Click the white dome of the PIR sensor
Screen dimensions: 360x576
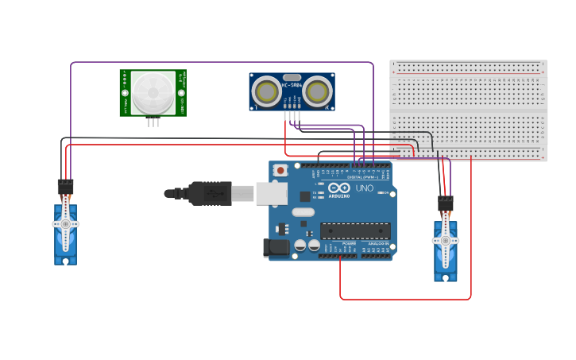coord(153,92)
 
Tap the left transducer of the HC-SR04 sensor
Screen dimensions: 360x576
coord(266,91)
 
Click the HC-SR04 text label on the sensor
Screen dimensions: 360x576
coord(291,85)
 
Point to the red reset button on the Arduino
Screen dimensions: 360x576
coord(280,170)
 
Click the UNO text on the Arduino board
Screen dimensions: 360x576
coord(364,188)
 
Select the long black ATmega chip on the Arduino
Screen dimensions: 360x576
coord(354,230)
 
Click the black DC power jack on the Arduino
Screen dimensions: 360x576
coord(276,248)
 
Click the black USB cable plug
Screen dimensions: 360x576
coord(210,193)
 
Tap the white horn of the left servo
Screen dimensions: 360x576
coord(65,224)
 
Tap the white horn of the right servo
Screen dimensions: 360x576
coord(446,240)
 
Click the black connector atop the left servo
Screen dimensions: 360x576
coord(65,187)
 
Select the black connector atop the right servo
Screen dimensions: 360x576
coord(446,203)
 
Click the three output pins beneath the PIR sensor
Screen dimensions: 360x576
coord(153,122)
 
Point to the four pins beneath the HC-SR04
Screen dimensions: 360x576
coord(292,116)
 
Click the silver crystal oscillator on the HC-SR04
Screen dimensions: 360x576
coord(292,77)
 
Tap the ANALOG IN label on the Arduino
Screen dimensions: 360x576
coord(377,243)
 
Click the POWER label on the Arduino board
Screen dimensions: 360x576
coord(349,243)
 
